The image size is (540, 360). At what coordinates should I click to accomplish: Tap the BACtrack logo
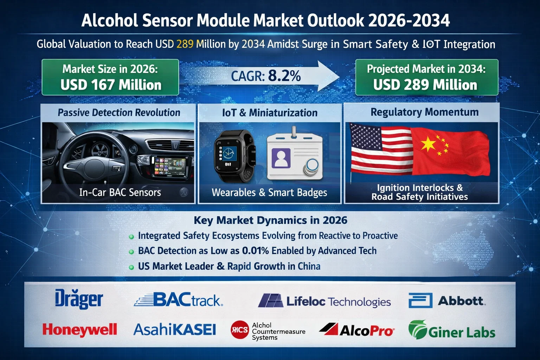[x=178, y=300]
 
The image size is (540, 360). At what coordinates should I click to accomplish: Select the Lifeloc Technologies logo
[x=324, y=301]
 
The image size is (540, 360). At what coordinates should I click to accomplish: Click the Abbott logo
[x=447, y=301]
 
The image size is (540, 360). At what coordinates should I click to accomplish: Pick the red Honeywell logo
[x=80, y=330]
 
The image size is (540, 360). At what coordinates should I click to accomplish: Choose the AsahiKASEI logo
[x=174, y=329]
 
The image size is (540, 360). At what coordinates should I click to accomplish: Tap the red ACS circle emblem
[x=239, y=330]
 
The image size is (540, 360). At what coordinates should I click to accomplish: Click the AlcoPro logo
[x=356, y=330]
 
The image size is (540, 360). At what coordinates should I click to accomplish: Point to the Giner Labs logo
[x=452, y=330]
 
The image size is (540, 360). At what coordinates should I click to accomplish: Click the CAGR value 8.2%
[x=284, y=76]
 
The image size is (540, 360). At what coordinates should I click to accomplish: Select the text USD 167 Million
[x=111, y=85]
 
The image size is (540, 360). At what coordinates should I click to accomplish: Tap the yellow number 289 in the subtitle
[x=185, y=44]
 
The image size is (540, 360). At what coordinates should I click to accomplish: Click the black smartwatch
[x=234, y=156]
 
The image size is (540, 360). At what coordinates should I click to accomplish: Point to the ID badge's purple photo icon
[x=281, y=158]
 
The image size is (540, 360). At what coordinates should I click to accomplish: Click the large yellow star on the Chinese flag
[x=428, y=144]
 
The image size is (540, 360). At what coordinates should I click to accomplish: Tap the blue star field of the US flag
[x=366, y=137]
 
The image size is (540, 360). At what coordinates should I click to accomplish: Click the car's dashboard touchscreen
[x=171, y=166]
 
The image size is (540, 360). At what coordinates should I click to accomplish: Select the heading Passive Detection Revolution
[x=119, y=112]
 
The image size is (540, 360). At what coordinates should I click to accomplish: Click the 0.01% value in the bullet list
[x=255, y=251]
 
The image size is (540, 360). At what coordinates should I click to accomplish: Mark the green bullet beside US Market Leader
[x=131, y=267]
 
